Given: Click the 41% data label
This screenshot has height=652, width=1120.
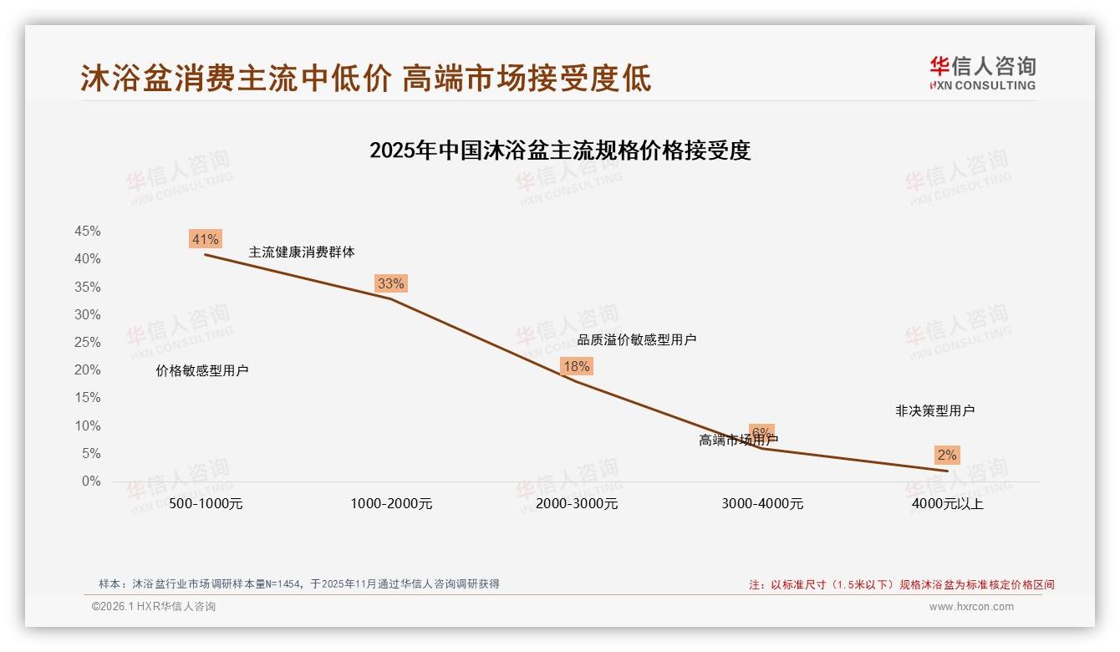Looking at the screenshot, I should tap(205, 240).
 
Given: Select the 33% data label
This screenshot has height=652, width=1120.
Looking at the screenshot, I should tap(390, 283).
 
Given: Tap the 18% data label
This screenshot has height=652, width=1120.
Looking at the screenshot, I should tap(576, 366).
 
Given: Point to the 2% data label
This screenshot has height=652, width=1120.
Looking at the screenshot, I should tap(946, 455).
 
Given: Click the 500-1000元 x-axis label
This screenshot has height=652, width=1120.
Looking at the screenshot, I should tap(206, 504).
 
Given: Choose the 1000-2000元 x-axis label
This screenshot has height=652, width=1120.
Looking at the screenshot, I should tap(391, 504).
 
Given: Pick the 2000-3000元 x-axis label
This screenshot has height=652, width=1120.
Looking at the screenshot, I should tap(577, 504).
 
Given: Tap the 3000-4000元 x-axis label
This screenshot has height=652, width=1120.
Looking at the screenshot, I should tap(762, 504).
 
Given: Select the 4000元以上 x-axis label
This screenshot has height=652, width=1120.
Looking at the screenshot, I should tap(948, 504).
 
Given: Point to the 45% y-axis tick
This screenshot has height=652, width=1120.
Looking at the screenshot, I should tap(87, 232).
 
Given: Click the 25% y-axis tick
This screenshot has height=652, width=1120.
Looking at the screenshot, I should tap(87, 343).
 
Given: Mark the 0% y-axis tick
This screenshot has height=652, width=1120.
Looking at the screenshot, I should tap(90, 481).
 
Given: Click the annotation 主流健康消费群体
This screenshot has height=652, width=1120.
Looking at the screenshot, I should tap(302, 252).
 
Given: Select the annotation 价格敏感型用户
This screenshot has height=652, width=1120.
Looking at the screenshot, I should tap(202, 371).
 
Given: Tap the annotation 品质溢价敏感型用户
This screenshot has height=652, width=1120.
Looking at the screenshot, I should tap(637, 340).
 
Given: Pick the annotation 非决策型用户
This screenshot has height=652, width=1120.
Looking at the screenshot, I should tap(934, 411).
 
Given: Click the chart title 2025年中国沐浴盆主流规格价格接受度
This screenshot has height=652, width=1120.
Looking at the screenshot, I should tap(560, 151).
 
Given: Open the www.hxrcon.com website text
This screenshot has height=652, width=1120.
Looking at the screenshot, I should tap(971, 607).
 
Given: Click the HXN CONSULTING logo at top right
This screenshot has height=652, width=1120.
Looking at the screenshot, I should tap(982, 74).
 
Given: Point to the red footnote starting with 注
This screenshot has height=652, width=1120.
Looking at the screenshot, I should tap(901, 585).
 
